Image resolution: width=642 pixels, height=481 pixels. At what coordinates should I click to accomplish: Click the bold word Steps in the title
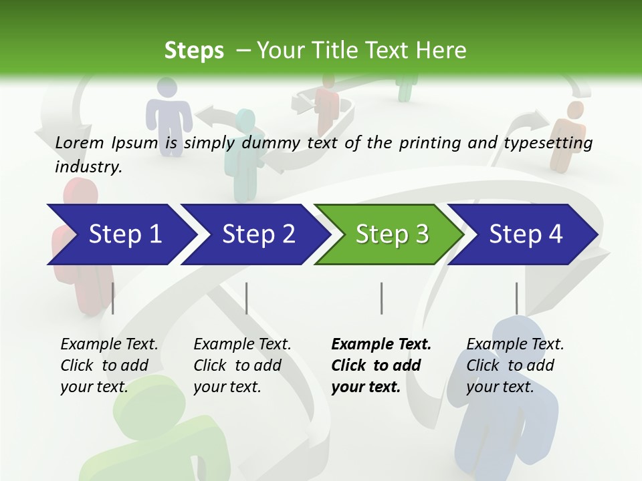(x=194, y=51)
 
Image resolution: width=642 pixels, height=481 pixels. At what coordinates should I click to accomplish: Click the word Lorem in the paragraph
(x=80, y=142)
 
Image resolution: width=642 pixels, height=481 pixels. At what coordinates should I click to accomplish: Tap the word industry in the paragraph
(x=88, y=166)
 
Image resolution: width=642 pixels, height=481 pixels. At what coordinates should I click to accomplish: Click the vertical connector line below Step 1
(x=113, y=298)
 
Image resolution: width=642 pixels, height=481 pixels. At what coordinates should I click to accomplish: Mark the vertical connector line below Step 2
(x=247, y=298)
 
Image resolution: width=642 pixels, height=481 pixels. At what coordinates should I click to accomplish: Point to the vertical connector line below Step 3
(x=381, y=298)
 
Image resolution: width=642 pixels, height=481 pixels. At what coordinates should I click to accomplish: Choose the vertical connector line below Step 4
(x=516, y=298)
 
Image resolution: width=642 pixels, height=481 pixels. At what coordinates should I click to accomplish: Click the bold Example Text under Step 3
(x=381, y=344)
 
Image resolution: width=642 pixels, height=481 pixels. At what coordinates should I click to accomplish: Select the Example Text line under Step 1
(x=109, y=344)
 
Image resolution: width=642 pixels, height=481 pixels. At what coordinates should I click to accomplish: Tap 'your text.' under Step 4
(x=500, y=387)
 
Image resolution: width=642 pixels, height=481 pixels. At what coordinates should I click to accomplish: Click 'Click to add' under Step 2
(x=237, y=365)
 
